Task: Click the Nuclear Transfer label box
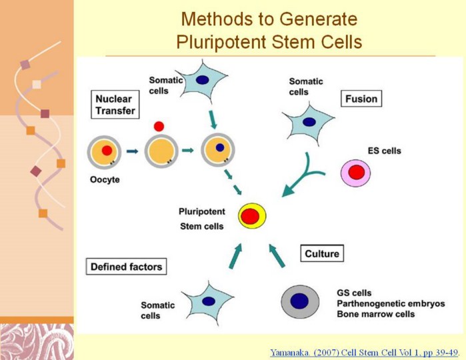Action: click(115, 105)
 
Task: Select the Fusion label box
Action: click(361, 99)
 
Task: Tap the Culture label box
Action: click(322, 253)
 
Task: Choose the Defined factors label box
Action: click(126, 267)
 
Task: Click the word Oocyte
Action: click(105, 179)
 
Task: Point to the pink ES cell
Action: click(356, 173)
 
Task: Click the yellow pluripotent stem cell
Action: click(252, 216)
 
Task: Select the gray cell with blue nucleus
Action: click(300, 301)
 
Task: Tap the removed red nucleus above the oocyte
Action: click(159, 127)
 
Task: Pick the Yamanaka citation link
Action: click(364, 353)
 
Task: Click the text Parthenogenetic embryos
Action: click(391, 303)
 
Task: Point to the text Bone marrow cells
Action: click(375, 314)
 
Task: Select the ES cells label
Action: click(384, 151)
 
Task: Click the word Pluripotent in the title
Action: click(221, 42)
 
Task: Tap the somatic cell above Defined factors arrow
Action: click(209, 303)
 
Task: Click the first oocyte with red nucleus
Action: click(104, 151)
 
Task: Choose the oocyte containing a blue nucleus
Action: click(218, 150)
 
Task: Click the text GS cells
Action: click(354, 293)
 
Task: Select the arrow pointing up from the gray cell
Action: click(277, 255)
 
